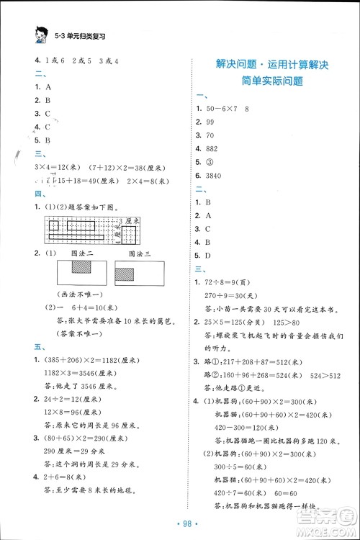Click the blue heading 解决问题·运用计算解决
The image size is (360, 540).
[271, 66]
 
